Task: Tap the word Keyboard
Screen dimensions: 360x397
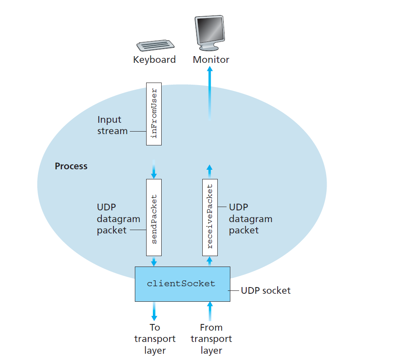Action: [x=154, y=60]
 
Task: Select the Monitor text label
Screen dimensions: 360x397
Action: [x=211, y=60]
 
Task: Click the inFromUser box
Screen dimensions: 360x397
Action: [x=154, y=114]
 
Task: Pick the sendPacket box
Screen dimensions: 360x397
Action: [x=154, y=218]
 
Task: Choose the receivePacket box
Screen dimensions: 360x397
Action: [x=210, y=218]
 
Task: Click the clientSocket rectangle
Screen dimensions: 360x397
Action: [x=182, y=284]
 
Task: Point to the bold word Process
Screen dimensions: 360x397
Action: [x=71, y=166]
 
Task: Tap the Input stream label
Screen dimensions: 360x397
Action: [x=112, y=125]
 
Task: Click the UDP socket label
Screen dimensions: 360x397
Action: [x=266, y=290]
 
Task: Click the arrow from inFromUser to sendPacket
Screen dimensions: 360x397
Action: [x=154, y=169]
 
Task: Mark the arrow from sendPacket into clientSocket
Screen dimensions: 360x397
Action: [x=154, y=262]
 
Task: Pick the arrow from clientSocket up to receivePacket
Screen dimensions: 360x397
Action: [x=210, y=262]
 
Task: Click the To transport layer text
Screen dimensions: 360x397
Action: [x=155, y=339]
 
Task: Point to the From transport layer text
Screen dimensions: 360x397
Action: [x=211, y=339]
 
